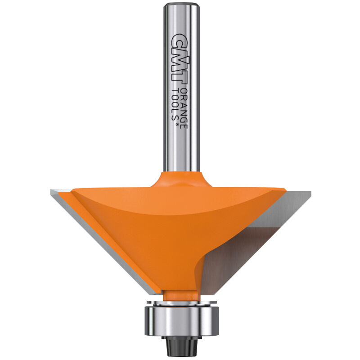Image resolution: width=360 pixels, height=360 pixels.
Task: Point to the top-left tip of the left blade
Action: pyautogui.click(x=51, y=192)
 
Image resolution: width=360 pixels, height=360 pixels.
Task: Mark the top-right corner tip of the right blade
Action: pyautogui.click(x=310, y=193)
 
